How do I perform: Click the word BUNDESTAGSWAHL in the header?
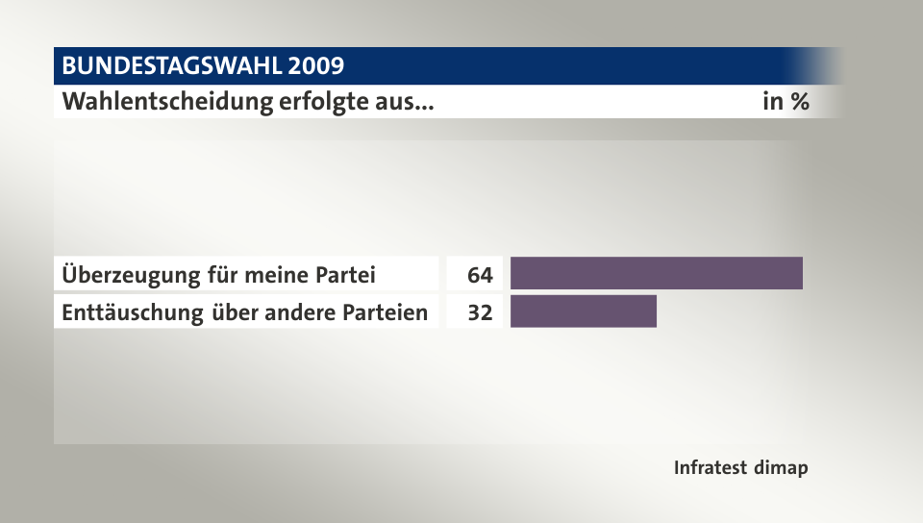167,66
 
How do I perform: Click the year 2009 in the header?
312,66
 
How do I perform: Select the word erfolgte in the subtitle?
322,102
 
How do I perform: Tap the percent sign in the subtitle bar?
798,102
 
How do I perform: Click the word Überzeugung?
131,275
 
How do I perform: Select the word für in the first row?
223,275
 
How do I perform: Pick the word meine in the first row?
279,275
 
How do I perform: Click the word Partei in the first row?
346,275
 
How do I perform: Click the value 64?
480,275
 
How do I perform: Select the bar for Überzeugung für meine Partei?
656,274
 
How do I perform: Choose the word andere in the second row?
298,312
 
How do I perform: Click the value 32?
480,312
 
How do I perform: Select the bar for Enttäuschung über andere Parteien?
583,311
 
